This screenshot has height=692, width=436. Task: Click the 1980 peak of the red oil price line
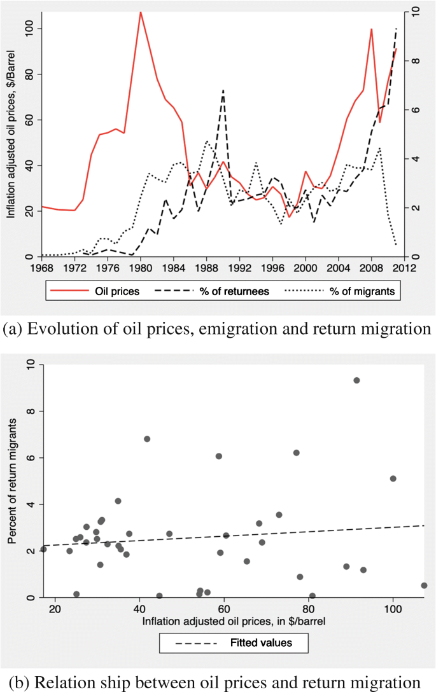coord(141,12)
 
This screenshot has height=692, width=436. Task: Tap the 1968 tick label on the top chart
coord(43,268)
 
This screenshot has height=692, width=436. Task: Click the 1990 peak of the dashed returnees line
coord(223,90)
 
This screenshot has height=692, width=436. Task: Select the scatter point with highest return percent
coord(356,380)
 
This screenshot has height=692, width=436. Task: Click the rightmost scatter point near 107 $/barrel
coord(424,585)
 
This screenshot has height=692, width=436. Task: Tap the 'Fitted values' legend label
coord(261,643)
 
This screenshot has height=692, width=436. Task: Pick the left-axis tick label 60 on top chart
coord(28,120)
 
